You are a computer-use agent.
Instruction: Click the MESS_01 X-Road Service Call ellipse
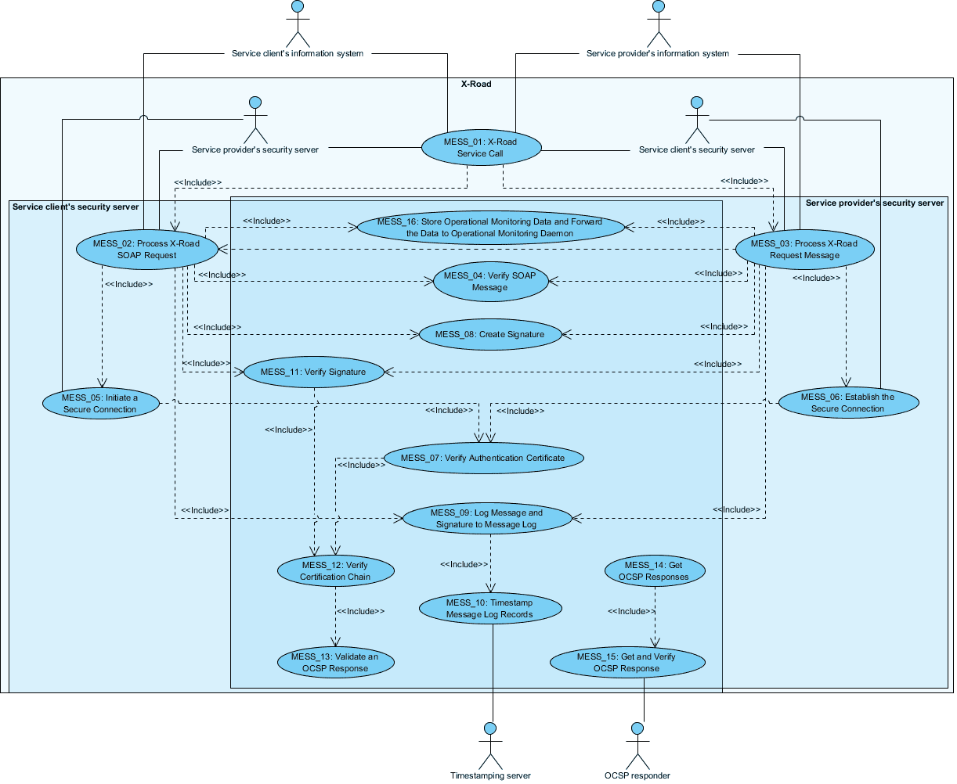[481, 148]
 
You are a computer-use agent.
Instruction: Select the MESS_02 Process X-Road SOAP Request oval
[146, 249]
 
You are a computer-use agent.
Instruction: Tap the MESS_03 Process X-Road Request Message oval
[804, 249]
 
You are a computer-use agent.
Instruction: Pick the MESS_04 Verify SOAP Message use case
[489, 282]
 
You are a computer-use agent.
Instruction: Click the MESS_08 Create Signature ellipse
[489, 334]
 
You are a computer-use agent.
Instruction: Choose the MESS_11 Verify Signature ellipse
[312, 372]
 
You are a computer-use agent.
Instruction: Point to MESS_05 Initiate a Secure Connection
[100, 403]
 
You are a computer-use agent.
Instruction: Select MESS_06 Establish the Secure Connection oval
[848, 402]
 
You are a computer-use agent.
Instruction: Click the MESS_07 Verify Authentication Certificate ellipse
[482, 458]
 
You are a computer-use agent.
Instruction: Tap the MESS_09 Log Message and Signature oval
[486, 518]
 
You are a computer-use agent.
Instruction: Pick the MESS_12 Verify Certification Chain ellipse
[335, 570]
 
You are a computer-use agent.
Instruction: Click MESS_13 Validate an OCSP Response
[334, 662]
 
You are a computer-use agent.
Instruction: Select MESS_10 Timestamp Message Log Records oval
[490, 608]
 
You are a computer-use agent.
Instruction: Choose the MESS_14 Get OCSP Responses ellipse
[654, 570]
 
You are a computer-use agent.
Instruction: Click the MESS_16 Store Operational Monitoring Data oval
[490, 227]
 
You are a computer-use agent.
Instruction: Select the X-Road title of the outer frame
[476, 84]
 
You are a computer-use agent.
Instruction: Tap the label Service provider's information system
[658, 54]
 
